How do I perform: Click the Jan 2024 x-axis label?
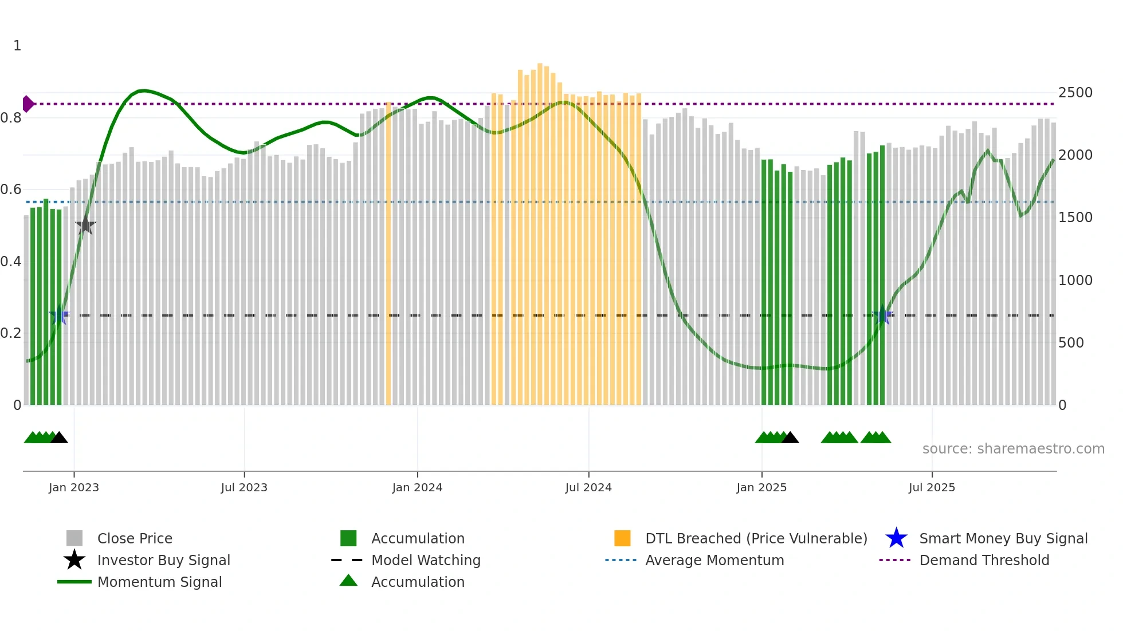pos(417,487)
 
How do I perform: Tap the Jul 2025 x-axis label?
pos(932,487)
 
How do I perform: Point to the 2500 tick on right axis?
pos(1075,93)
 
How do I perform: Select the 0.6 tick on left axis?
pos(11,190)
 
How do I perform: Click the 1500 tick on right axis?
pos(1075,218)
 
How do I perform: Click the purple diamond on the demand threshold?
pos(28,104)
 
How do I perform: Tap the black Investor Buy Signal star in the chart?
pos(85,226)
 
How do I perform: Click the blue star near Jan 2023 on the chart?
pos(59,315)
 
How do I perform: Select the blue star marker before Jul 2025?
pos(882,315)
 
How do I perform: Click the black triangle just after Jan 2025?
pos(790,438)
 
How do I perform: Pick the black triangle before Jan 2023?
pos(59,438)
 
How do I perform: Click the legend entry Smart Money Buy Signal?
pos(1003,538)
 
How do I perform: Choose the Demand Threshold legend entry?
pos(984,560)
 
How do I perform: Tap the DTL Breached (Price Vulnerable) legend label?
pos(756,538)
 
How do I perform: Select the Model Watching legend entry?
pos(425,560)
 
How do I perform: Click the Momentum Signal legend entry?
pos(159,582)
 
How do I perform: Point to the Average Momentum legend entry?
pos(714,560)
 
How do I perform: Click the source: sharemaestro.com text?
pos(1013,449)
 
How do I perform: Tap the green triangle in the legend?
pos(348,581)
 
